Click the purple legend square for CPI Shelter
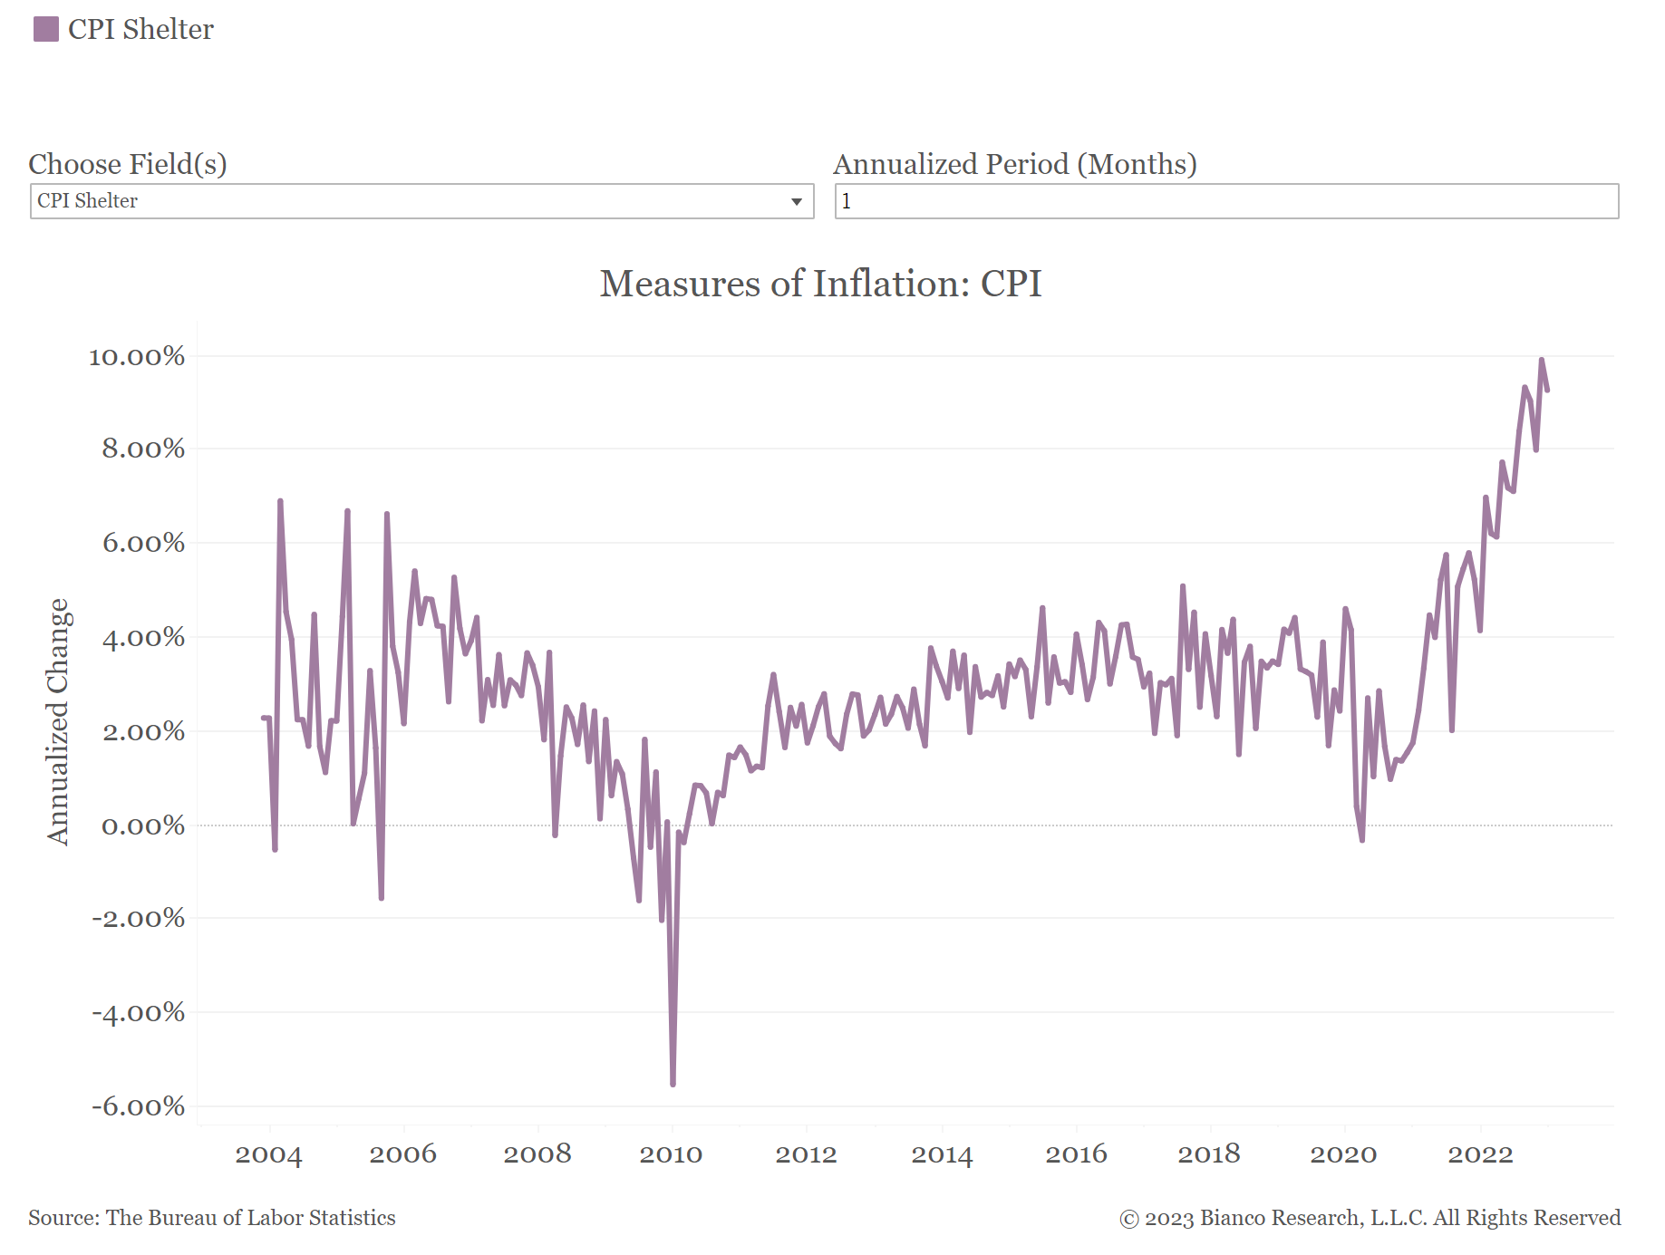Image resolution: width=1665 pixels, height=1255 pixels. coord(46,29)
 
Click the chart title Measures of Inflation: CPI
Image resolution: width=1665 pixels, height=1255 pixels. coord(820,284)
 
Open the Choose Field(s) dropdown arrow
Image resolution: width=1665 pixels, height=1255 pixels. coord(796,201)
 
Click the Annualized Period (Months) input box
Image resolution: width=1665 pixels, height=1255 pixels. coord(1225,201)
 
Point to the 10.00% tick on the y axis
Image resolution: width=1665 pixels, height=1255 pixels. coord(137,356)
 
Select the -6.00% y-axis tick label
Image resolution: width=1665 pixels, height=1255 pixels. coord(138,1105)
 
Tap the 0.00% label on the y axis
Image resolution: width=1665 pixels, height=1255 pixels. coord(143,825)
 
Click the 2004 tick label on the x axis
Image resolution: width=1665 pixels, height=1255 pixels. coord(268,1154)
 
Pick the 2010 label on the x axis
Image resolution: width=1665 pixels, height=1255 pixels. coord(671,1154)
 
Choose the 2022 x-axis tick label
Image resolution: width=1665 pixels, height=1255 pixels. coord(1480,1154)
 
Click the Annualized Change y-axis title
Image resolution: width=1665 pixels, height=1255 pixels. coord(58,721)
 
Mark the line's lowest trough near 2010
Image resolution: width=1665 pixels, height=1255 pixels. coord(673,1084)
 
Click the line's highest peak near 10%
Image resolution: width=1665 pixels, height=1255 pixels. coord(1541,361)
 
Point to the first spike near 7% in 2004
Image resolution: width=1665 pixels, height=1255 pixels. coord(280,501)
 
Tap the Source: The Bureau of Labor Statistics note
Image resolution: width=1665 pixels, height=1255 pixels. coord(212,1218)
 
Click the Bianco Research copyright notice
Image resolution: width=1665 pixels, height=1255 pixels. coord(1370,1218)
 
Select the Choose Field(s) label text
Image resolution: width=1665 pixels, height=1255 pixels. coord(128,164)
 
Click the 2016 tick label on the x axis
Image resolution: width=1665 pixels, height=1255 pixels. coord(1076,1154)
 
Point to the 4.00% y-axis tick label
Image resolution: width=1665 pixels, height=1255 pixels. coord(143,637)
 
